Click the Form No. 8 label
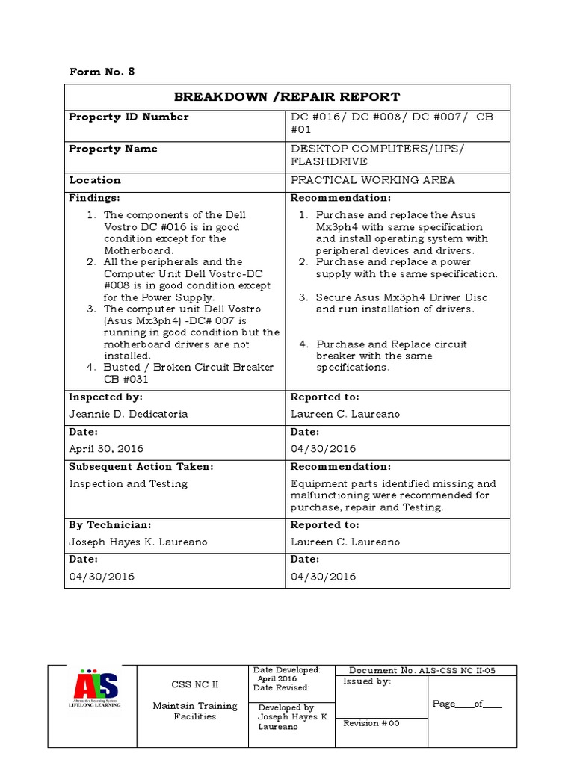(x=102, y=72)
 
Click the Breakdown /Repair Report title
(x=287, y=97)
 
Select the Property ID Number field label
(x=129, y=117)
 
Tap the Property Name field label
(x=113, y=149)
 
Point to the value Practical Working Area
(x=372, y=180)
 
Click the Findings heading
(x=94, y=198)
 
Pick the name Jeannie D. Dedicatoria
(x=129, y=414)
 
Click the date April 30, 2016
(x=106, y=449)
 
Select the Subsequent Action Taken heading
(x=141, y=467)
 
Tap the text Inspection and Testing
(x=129, y=483)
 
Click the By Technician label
(x=110, y=525)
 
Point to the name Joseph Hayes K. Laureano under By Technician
(x=138, y=542)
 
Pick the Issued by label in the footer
(x=366, y=681)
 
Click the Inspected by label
(x=105, y=397)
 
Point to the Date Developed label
(x=286, y=670)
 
